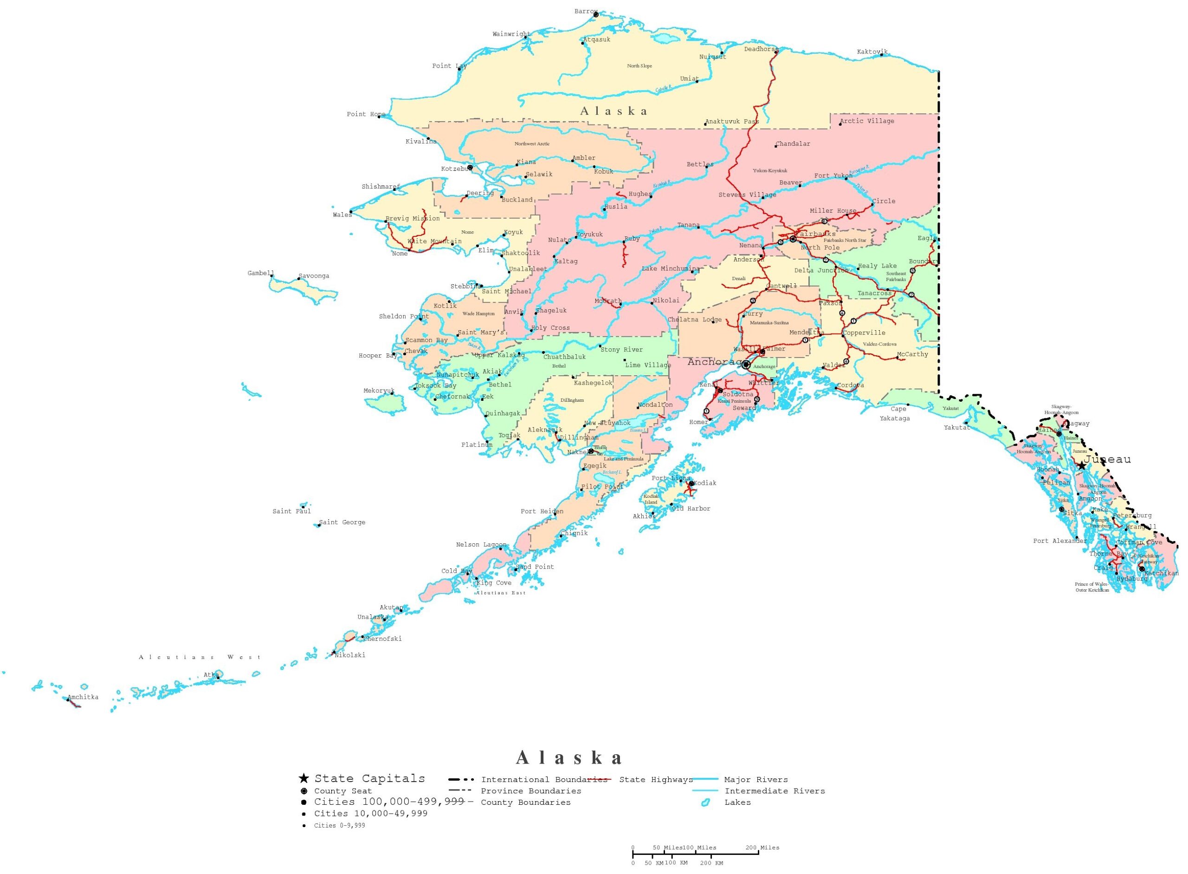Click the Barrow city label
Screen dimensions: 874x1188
pos(585,12)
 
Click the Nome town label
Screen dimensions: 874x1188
pos(400,254)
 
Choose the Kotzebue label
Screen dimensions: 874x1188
pos(455,169)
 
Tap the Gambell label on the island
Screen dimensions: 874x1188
pos(261,273)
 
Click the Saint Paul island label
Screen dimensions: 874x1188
pos(291,511)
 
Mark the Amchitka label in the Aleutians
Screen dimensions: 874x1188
pos(83,697)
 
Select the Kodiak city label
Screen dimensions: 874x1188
pos(705,483)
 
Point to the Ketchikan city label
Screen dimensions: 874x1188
pos(1161,573)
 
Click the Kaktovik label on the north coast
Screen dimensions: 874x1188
pos(872,52)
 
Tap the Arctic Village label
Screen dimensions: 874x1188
pos(867,121)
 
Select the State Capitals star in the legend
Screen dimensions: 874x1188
pos(303,778)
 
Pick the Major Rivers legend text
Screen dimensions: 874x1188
pos(755,779)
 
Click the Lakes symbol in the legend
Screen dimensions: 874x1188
pos(705,802)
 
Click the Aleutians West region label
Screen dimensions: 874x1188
pos(200,657)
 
